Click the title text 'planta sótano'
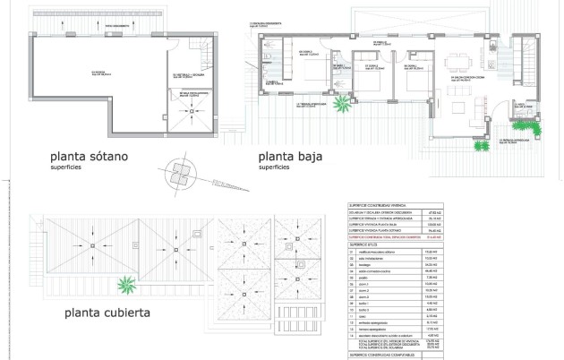tap(90, 155)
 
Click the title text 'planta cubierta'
tap(106, 313)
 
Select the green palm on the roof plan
tap(131, 287)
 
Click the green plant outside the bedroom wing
tap(341, 105)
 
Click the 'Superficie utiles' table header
tap(362, 244)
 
